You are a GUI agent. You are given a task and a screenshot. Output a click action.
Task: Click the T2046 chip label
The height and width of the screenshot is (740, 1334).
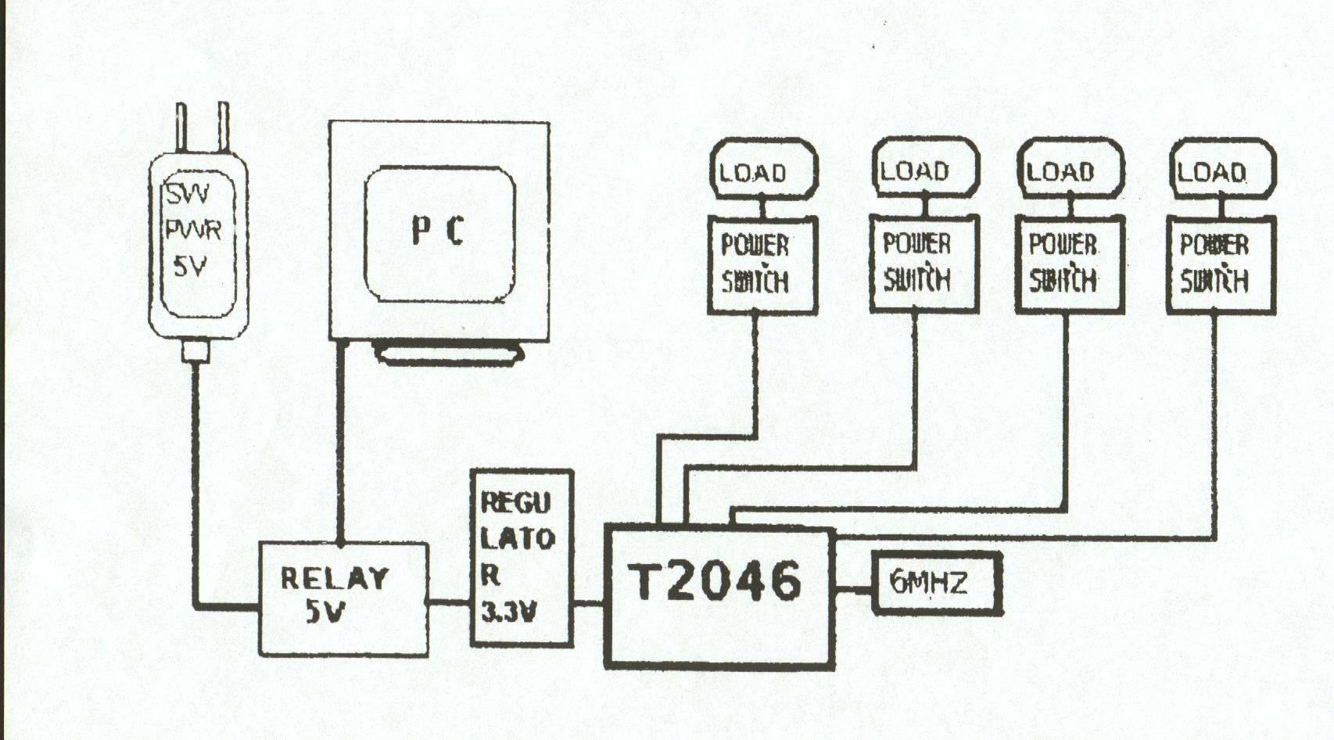tap(715, 580)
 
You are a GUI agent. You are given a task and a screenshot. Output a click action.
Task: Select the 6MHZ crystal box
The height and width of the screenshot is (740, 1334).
tap(936, 583)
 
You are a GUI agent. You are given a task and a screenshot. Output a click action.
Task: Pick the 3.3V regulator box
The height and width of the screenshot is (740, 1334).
tap(521, 557)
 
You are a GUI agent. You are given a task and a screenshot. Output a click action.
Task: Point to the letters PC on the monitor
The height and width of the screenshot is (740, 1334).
tap(439, 231)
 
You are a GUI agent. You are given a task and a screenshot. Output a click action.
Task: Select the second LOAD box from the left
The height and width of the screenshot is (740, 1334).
tap(923, 169)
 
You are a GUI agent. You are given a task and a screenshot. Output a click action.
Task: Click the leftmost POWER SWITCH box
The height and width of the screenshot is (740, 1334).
tap(761, 264)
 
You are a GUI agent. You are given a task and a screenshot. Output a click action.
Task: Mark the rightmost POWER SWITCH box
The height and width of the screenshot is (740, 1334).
tap(1220, 264)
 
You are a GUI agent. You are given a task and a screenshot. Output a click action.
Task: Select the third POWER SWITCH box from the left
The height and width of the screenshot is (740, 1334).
tap(1068, 264)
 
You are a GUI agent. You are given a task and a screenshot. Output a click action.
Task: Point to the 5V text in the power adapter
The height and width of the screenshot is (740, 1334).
tap(190, 267)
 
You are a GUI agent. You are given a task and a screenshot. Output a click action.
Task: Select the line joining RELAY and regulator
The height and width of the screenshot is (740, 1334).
tap(449, 602)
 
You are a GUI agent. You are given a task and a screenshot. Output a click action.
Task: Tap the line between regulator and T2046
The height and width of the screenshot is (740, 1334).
tap(589, 602)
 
